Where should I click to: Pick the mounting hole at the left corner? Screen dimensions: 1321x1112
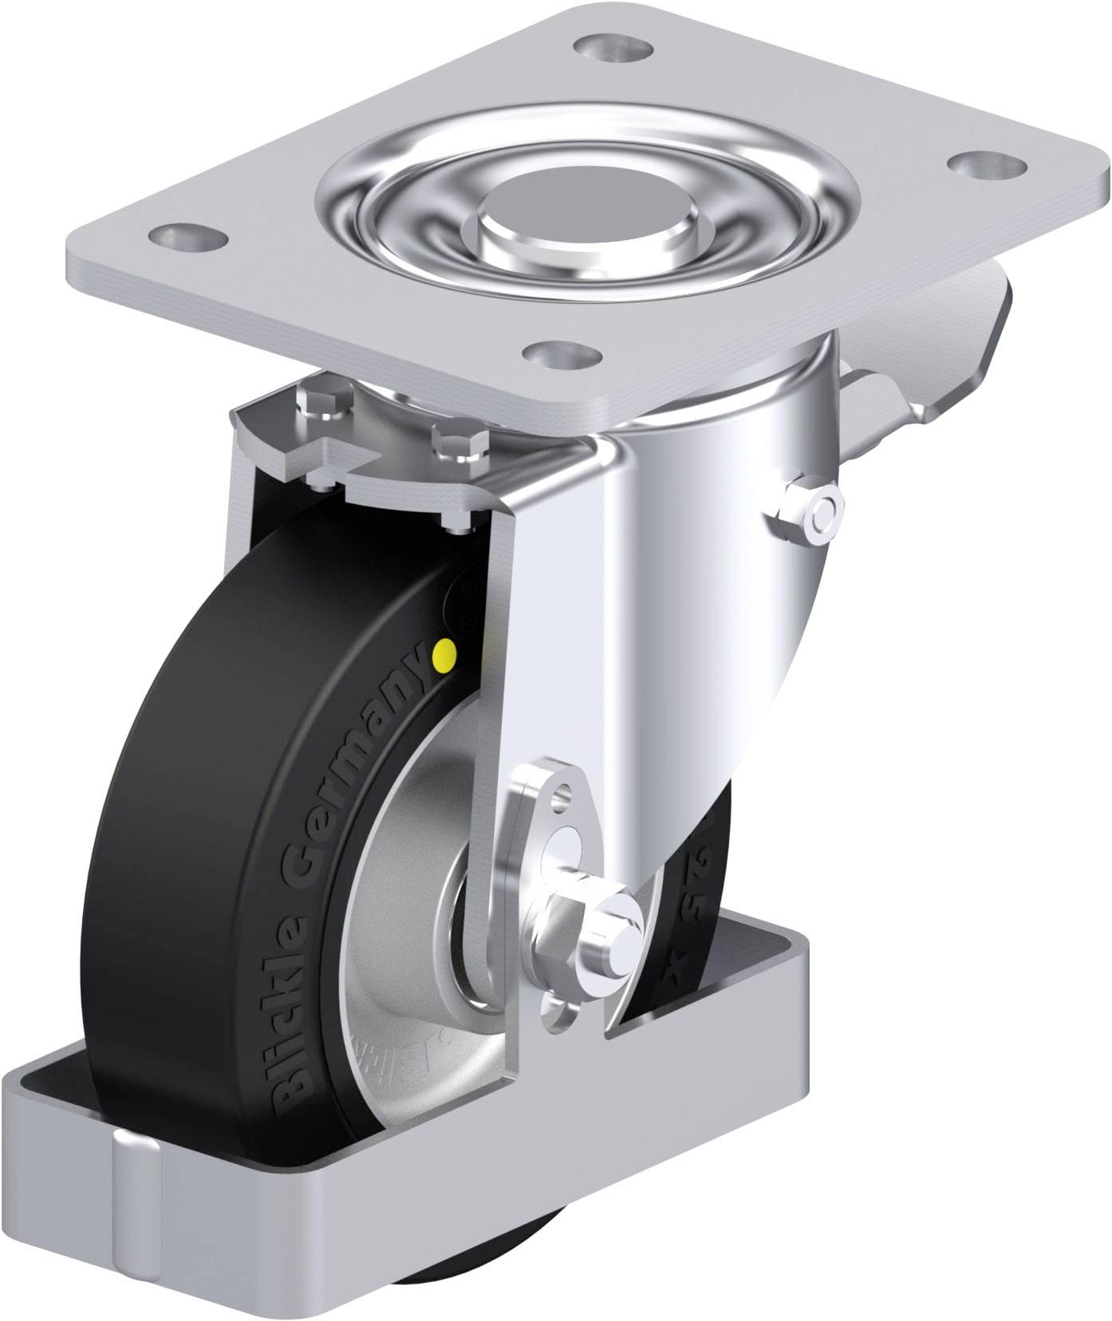[185, 236]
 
